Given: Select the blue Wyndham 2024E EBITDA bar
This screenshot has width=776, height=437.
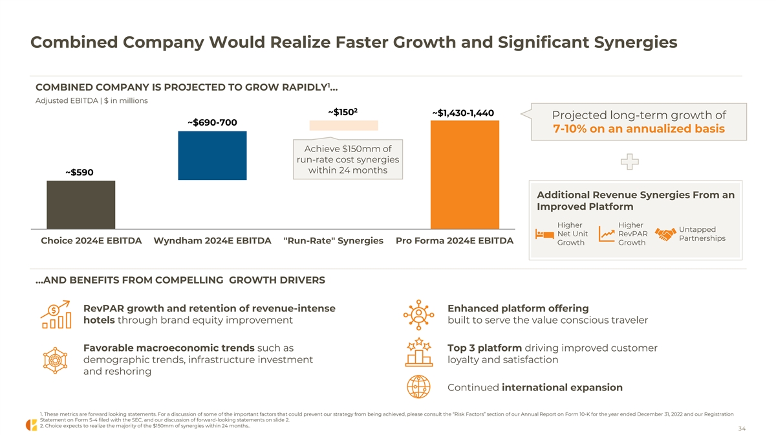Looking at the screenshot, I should click(x=212, y=155).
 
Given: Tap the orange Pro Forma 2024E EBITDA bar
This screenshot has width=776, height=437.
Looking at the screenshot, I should click(x=464, y=175).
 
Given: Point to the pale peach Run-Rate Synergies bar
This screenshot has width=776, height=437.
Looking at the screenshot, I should click(x=343, y=126).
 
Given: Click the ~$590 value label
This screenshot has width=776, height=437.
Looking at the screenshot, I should click(x=80, y=172).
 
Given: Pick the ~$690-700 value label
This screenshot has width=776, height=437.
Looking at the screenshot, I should click(x=212, y=122).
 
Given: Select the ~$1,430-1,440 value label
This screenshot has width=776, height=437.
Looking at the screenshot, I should click(x=463, y=113).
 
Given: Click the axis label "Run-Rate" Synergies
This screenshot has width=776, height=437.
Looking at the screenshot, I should click(x=334, y=241).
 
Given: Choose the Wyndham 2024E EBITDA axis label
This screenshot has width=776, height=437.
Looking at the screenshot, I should click(x=212, y=241).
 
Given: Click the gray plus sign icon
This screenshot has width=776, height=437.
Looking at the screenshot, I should click(x=630, y=162).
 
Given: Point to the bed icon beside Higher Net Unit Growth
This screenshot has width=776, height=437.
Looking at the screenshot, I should click(x=544, y=234).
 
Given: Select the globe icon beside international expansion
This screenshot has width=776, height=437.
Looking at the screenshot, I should click(x=418, y=387).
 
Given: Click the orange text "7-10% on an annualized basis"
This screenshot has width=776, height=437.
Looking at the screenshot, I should click(x=639, y=129).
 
